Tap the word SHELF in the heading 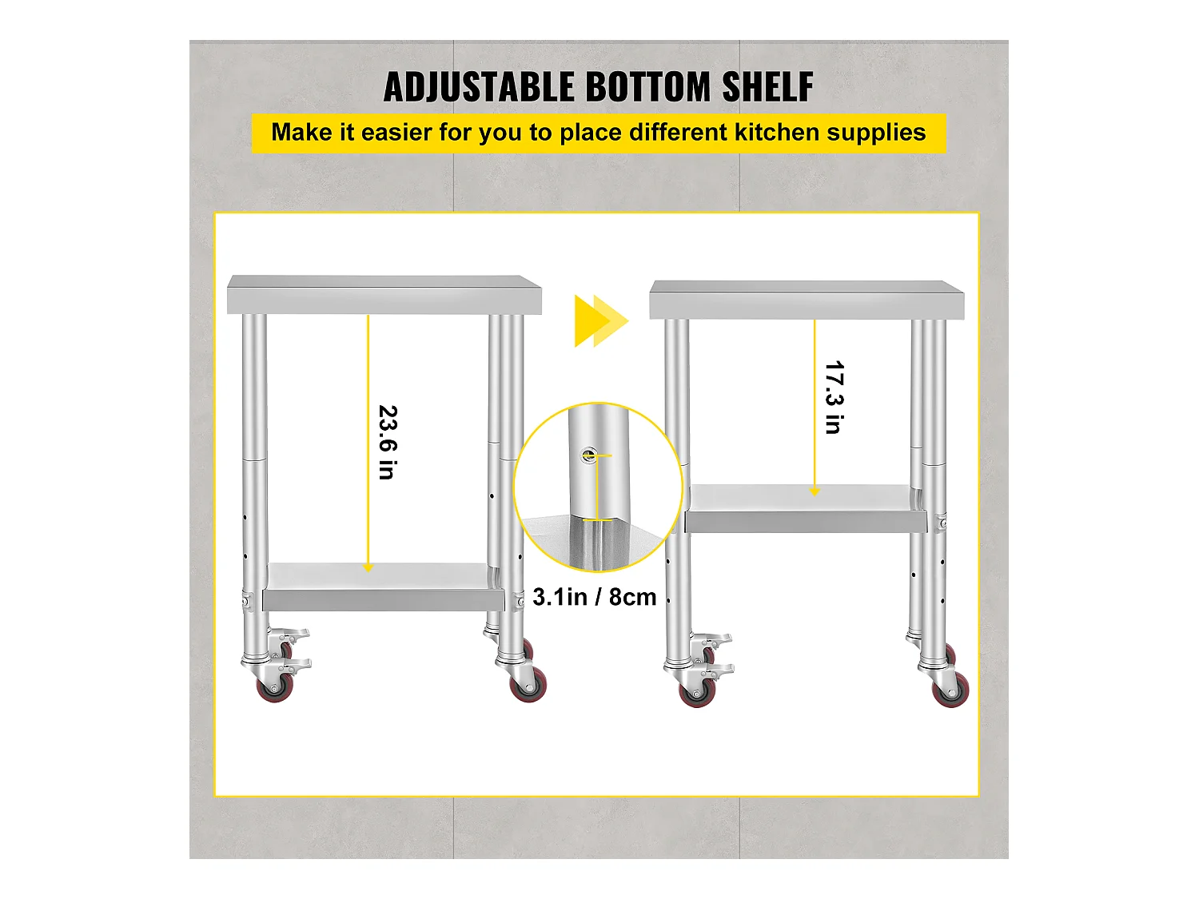pyautogui.click(x=767, y=87)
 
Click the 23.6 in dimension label pyautogui.click(x=388, y=442)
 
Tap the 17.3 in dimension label pyautogui.click(x=835, y=397)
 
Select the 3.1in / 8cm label pyautogui.click(x=595, y=597)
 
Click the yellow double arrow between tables pyautogui.click(x=601, y=321)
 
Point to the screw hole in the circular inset pyautogui.click(x=589, y=455)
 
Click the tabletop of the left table pyautogui.click(x=384, y=295)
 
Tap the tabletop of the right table pyautogui.click(x=807, y=300)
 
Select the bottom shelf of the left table pyautogui.click(x=383, y=587)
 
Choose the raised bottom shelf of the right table pyautogui.click(x=806, y=509)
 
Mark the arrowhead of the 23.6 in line pyautogui.click(x=368, y=568)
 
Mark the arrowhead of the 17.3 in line pyautogui.click(x=815, y=491)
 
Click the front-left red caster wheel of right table pyautogui.click(x=698, y=692)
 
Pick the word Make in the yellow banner pyautogui.click(x=301, y=133)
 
